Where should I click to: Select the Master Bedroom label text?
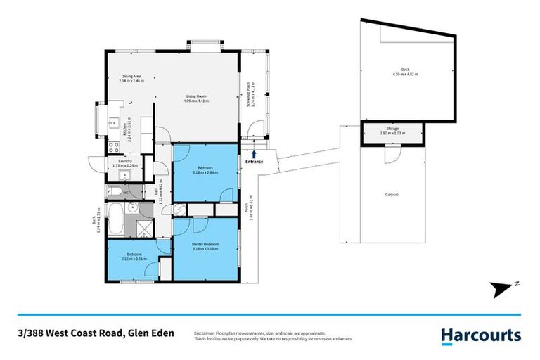205,244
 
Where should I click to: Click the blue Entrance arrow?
254,153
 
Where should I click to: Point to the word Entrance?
254,162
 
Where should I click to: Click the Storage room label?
393,129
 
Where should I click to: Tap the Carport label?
392,194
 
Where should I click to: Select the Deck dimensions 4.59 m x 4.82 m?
405,73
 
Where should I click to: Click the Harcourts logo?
481,335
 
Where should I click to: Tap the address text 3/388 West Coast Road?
70,335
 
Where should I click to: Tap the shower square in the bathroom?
143,226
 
